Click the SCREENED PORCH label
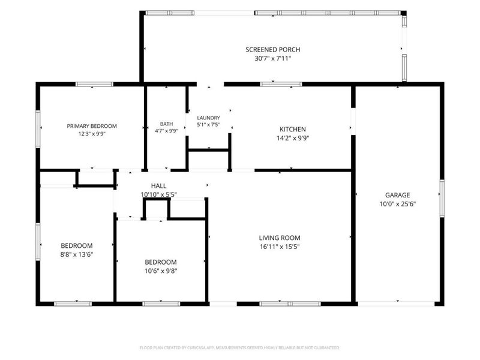273,50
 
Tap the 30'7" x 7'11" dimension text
273,58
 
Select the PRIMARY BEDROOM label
92,126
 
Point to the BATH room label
166,124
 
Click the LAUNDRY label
208,118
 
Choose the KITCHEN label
293,129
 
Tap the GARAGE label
397,195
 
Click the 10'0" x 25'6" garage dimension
397,204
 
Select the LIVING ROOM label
280,238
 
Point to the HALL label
158,185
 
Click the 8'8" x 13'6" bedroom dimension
77,254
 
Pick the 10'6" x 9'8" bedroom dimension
161,271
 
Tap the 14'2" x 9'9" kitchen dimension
293,138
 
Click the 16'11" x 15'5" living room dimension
280,247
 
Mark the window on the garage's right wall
442,199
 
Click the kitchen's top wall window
281,84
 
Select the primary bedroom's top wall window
95,84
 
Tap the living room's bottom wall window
290,304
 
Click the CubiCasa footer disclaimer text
239,347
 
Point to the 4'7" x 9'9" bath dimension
166,131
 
